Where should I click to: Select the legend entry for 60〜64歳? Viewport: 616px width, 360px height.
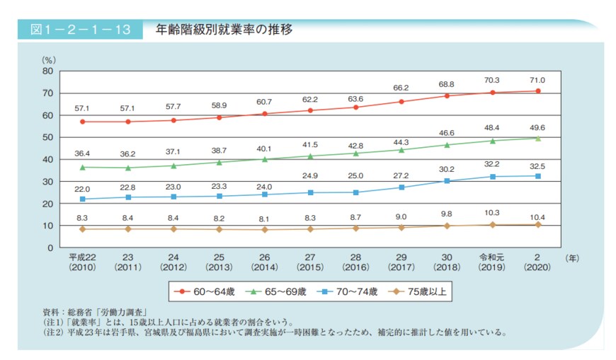[207, 290]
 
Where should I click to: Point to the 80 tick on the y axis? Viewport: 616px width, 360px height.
[47, 71]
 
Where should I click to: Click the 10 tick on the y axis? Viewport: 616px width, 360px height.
[47, 226]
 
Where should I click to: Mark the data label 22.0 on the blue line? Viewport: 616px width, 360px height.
[83, 188]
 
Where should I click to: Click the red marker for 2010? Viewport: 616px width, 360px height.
[83, 122]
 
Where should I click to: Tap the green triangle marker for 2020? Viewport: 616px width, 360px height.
[538, 138]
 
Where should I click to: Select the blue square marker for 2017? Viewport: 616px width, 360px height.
[401, 187]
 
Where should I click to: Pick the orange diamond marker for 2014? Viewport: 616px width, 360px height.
[265, 230]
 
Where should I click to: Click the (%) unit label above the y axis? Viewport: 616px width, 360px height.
[49, 60]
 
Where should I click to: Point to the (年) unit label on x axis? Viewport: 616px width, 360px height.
[572, 259]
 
